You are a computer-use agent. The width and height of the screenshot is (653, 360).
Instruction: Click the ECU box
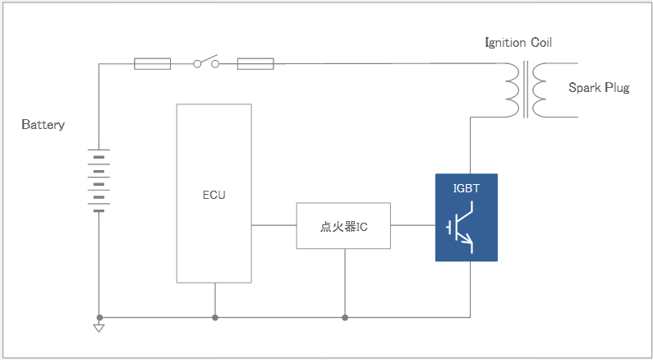[214, 194]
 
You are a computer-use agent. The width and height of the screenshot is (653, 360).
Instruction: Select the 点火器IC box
[343, 226]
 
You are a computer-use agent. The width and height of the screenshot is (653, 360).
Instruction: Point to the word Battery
[43, 125]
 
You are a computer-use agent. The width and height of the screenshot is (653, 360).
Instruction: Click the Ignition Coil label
[518, 42]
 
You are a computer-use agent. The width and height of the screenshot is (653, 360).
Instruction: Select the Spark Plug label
[599, 88]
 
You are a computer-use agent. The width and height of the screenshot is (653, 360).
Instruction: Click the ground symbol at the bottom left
[99, 328]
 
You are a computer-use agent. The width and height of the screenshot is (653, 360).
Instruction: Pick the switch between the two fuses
[206, 62]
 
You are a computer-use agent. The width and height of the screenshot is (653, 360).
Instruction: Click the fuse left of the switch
[152, 63]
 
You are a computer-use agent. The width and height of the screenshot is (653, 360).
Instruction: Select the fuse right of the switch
[255, 63]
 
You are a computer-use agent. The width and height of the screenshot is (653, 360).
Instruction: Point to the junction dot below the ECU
[215, 317]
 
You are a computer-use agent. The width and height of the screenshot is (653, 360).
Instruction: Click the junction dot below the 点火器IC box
[345, 317]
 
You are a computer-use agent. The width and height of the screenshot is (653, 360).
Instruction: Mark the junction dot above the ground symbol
[99, 317]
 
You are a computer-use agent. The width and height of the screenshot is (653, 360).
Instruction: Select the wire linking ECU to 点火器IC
[274, 225]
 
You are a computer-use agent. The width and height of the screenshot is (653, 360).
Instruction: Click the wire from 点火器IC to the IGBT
[413, 225]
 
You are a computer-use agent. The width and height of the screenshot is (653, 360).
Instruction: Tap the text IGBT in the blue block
[467, 188]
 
